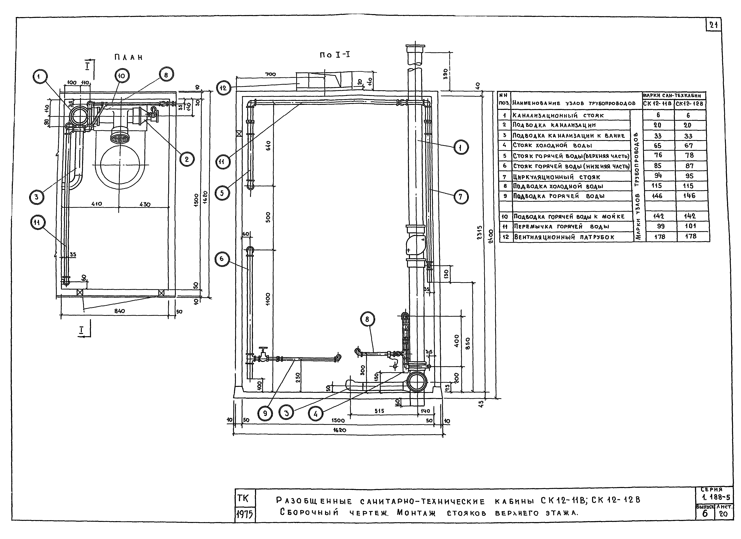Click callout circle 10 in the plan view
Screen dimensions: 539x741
[122, 76]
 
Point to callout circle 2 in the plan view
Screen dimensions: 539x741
[187, 159]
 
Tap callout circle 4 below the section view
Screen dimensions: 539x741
[316, 414]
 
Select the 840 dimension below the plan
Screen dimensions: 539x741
[120, 311]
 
